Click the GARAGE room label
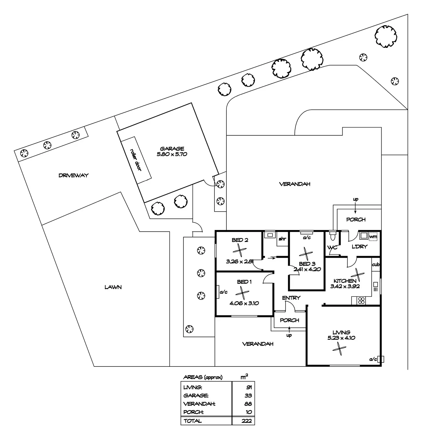172,149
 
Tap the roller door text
136,160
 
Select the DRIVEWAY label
74,175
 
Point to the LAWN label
113,287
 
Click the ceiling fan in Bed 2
239,251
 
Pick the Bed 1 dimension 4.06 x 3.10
244,303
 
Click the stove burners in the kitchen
361,301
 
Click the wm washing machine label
373,237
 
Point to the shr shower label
282,239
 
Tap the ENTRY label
291,298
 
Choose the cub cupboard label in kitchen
376,265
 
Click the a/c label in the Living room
373,359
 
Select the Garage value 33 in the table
248,396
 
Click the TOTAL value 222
247,421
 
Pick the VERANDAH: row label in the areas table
199,404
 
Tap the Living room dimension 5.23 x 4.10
341,338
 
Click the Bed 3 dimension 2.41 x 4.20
307,270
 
